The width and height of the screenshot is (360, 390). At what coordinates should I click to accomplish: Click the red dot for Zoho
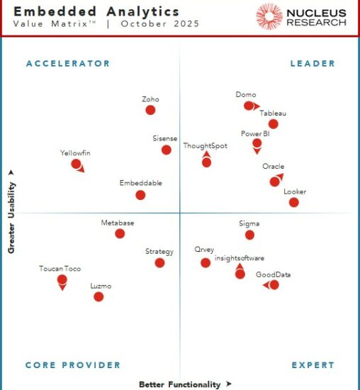(x=150, y=110)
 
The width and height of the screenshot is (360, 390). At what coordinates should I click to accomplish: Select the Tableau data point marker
(x=273, y=124)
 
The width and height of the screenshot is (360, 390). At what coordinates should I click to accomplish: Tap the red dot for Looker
(x=293, y=202)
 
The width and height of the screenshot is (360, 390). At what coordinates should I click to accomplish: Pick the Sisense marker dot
(x=166, y=150)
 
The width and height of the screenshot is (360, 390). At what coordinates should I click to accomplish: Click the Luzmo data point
(x=99, y=296)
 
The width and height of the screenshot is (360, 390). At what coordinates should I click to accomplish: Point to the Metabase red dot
(x=120, y=233)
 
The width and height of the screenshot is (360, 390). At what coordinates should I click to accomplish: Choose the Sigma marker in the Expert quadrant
(x=249, y=235)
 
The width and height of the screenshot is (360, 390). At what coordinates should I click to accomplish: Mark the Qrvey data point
(x=206, y=262)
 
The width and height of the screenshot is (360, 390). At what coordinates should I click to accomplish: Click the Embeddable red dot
(x=140, y=195)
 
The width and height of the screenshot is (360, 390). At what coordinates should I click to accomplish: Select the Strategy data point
(x=159, y=262)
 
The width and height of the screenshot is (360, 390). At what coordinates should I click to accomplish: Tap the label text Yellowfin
(x=75, y=153)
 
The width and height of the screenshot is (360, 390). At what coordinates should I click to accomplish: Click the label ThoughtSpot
(x=204, y=146)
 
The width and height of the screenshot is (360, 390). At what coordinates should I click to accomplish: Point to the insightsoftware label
(x=240, y=258)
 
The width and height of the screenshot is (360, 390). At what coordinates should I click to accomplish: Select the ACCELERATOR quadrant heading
(x=68, y=64)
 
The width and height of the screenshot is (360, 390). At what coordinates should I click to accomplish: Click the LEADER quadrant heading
(x=313, y=64)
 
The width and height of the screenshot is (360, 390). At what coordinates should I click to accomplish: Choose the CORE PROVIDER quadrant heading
(x=73, y=365)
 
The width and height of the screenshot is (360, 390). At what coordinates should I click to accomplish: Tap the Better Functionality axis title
(x=180, y=384)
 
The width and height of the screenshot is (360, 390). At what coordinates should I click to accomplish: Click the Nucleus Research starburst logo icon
(x=269, y=16)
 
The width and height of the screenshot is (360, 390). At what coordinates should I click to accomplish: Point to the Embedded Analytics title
(x=96, y=12)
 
